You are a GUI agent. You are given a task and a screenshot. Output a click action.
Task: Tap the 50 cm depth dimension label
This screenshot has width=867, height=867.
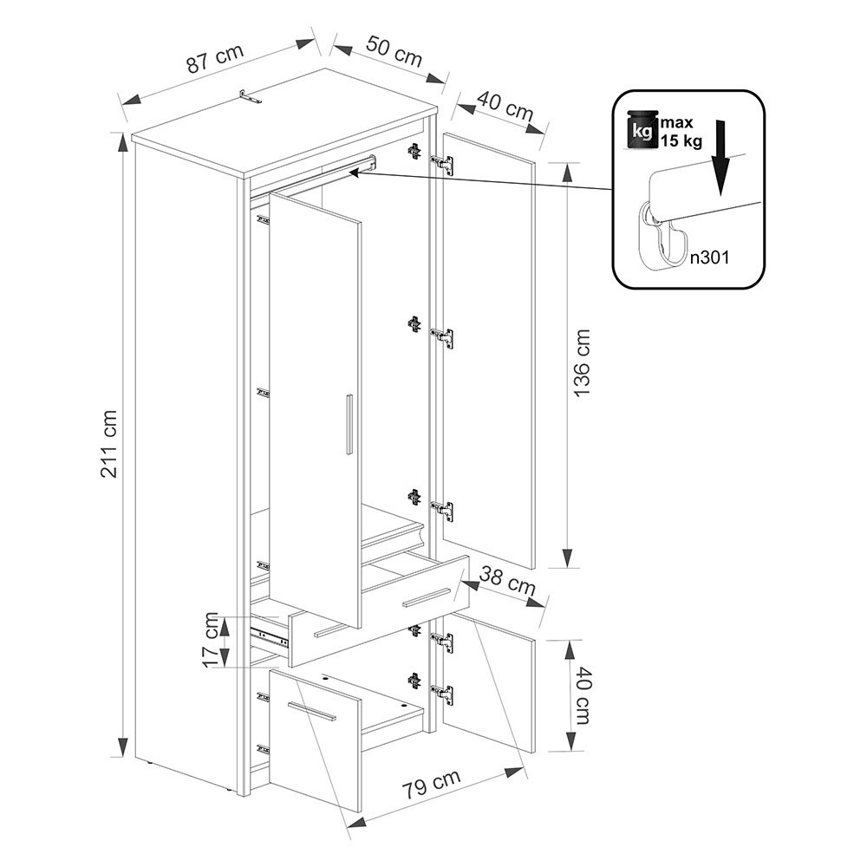click(x=393, y=52)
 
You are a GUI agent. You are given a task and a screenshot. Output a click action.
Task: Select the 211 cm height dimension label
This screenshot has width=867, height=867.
click(x=109, y=444)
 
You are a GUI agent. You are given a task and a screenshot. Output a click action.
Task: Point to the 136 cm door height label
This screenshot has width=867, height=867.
click(x=582, y=362)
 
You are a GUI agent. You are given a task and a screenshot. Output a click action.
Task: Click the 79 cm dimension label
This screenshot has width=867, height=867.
click(x=430, y=784)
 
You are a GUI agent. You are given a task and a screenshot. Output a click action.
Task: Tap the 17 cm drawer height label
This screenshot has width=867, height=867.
click(x=211, y=640)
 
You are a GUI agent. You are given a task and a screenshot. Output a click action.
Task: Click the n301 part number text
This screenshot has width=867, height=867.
click(x=709, y=257)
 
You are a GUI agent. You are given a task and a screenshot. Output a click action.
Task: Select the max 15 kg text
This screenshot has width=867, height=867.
click(x=681, y=132)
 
